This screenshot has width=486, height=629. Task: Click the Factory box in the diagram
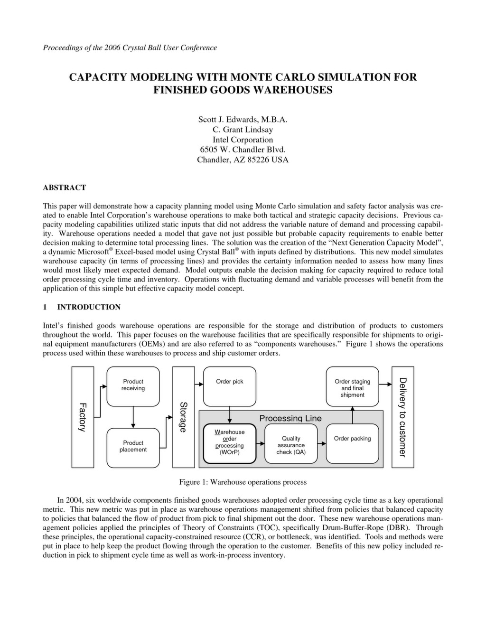point(83,417)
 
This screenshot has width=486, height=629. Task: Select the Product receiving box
point(133,386)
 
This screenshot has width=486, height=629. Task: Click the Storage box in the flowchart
point(184,417)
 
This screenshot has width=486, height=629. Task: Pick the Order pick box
point(229,386)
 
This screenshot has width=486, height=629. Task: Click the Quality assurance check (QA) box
point(291,444)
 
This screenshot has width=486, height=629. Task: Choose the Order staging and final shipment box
point(352,387)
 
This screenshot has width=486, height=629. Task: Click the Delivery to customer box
point(402,417)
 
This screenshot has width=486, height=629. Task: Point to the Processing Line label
point(290,418)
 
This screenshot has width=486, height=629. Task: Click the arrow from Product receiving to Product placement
point(133,417)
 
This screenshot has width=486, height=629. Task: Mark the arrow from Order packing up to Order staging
point(352,416)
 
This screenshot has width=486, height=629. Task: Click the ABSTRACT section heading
point(65,188)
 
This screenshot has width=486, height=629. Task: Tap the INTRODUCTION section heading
point(89,307)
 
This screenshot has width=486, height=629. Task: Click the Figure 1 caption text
point(243,482)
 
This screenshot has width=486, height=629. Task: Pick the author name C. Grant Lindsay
point(243,130)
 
